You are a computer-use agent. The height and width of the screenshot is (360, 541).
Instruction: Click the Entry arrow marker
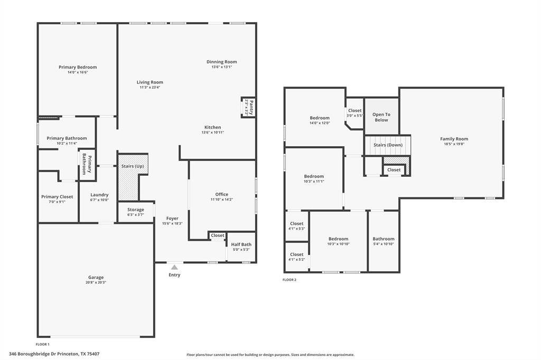(x=174, y=268)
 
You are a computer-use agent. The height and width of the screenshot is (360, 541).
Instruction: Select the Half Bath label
(x=241, y=244)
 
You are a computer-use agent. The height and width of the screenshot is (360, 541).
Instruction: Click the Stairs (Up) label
(x=132, y=166)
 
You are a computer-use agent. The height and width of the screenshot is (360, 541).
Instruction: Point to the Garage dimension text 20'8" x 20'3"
(x=96, y=282)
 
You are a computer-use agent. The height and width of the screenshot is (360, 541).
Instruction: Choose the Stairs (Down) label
(x=388, y=145)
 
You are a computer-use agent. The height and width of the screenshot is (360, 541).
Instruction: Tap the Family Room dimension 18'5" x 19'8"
(x=454, y=144)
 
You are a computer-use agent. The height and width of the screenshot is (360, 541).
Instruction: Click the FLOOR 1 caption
(x=42, y=344)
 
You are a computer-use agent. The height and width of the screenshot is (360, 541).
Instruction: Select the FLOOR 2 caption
(x=290, y=280)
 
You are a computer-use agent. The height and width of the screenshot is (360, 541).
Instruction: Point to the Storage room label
(x=135, y=210)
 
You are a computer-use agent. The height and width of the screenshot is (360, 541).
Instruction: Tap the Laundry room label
(x=99, y=195)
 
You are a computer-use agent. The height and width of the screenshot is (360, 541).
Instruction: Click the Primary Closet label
(x=57, y=197)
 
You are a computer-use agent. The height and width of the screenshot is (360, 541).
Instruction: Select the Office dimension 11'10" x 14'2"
(x=221, y=199)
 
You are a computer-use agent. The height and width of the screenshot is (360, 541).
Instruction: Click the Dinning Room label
(x=221, y=62)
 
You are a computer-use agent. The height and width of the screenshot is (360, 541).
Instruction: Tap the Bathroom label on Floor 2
(x=383, y=239)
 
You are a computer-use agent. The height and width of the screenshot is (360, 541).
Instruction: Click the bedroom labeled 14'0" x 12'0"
(x=319, y=118)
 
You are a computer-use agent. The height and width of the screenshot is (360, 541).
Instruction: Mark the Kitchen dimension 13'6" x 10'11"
(x=212, y=132)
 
